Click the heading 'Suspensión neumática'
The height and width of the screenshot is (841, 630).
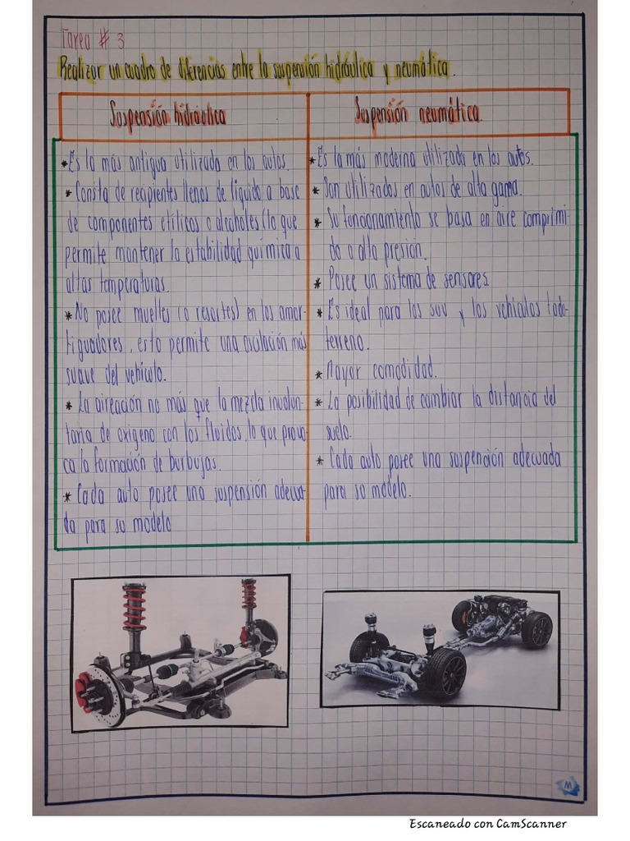click(418, 113)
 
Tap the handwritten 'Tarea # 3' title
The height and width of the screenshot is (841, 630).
click(93, 39)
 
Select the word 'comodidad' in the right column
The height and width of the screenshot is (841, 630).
click(404, 372)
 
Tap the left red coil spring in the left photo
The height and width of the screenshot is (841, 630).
click(135, 609)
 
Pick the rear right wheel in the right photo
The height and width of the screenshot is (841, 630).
click(537, 629)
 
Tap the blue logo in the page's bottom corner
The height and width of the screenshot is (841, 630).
click(568, 786)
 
